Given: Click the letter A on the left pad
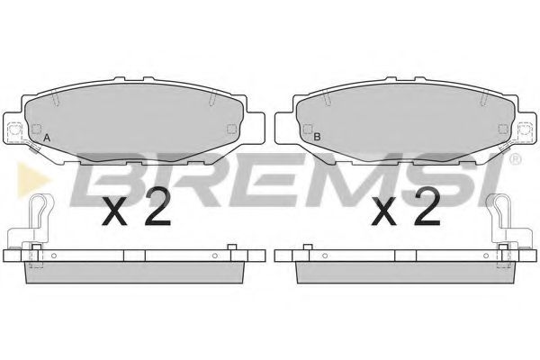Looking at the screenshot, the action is point(47,139).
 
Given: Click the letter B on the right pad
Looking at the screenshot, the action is point(317,137).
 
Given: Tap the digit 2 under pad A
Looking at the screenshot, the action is point(157,208).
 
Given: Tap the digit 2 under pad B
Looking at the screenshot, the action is point(427,208).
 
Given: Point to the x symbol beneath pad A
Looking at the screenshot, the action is point(114,213).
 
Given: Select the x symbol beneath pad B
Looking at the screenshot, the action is point(384,213).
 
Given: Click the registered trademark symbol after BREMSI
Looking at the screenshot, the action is point(515,159).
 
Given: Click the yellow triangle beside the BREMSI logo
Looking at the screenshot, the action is point(32,179).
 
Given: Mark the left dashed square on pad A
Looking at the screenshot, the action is point(36,130).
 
